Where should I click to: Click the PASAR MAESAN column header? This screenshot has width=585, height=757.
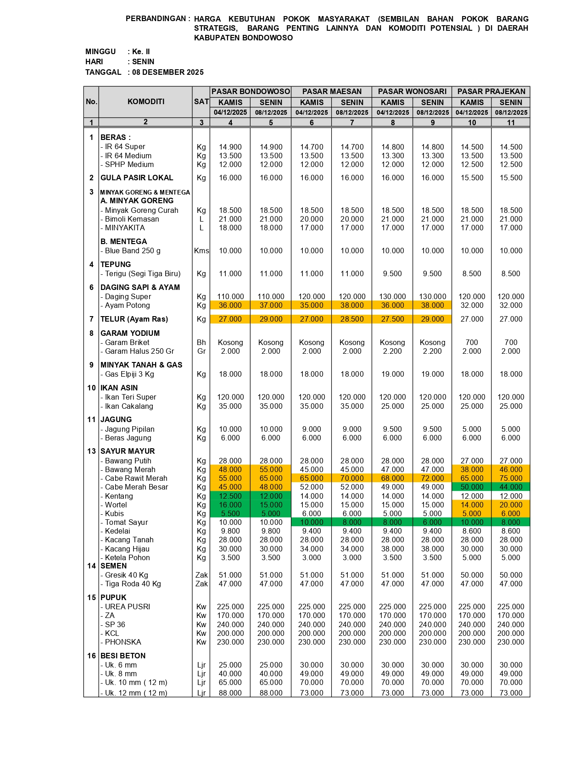332,92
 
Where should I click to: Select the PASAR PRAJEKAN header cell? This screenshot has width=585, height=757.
491,92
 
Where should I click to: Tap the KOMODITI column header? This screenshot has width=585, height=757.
146,102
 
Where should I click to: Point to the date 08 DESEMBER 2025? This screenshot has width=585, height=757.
168,72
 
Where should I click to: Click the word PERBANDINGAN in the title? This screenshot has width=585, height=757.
156,19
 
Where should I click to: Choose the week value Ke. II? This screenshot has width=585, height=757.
141,51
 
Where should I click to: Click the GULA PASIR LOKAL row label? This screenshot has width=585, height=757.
137,178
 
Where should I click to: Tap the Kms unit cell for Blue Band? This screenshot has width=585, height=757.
201,251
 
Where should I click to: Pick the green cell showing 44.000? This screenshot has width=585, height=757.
511,487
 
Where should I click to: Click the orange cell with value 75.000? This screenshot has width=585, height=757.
511,479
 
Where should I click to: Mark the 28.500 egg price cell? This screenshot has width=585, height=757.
352,319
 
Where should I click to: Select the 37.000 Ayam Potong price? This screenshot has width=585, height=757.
271,306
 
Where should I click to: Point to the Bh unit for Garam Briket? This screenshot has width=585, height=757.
201,343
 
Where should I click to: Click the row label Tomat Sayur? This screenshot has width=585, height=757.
126,523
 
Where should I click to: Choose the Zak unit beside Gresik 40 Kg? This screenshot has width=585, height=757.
201,575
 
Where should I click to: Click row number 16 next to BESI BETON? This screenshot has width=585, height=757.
91,656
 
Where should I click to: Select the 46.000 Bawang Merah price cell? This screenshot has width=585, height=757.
511,470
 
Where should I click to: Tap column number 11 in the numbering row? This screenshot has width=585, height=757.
511,122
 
